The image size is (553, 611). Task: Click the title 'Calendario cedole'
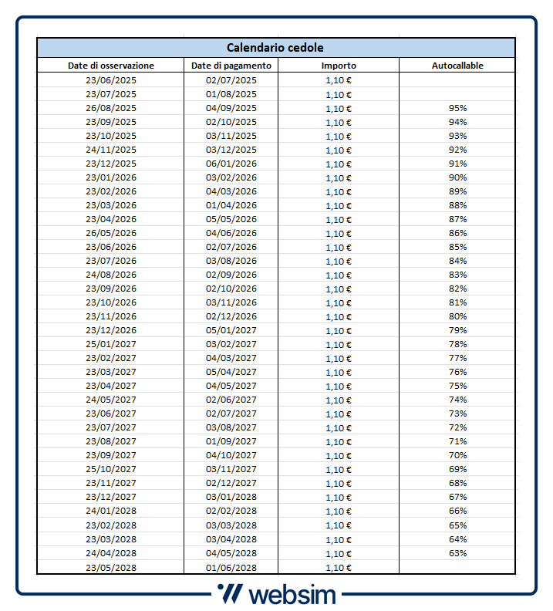(275, 48)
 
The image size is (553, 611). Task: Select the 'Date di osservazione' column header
(111, 66)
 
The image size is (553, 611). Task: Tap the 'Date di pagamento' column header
(231, 66)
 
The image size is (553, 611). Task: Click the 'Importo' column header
(339, 66)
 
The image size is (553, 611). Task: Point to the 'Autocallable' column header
(457, 66)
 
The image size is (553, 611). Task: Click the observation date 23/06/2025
(111, 80)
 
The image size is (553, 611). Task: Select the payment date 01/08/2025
(231, 94)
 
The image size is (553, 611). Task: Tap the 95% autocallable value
(457, 108)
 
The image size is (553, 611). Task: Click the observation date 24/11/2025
(111, 150)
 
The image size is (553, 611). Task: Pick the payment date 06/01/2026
(231, 164)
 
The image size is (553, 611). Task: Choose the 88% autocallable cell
(457, 205)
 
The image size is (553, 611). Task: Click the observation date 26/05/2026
(111, 233)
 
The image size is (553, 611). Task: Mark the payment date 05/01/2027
(231, 330)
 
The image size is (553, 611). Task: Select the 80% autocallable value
(457, 316)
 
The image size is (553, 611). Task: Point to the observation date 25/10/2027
(111, 469)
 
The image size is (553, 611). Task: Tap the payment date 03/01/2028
(231, 497)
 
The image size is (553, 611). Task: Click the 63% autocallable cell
(457, 552)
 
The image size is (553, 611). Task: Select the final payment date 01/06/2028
(231, 567)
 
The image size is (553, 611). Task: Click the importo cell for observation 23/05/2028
(339, 567)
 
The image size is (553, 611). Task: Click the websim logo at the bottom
(275, 594)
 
